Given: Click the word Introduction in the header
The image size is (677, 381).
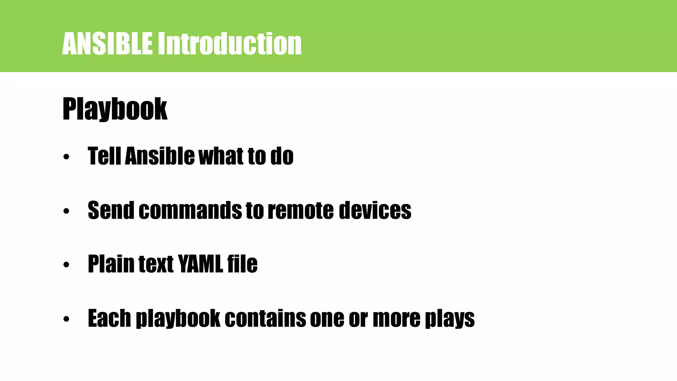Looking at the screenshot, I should coord(229,44).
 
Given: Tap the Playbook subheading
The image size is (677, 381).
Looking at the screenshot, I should coord(115,109).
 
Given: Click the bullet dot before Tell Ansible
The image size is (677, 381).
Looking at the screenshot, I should coord(66,157).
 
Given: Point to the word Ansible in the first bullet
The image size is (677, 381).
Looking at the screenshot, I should coord(160,156).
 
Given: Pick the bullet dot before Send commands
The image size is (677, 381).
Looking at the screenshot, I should coord(66,211).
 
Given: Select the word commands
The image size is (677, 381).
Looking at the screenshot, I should coord(190,210).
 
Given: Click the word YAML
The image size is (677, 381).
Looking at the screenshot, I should coord(200,264).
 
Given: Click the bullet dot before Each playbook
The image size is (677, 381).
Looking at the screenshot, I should coord(66,319).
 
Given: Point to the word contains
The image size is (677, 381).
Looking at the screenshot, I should coord(265,318).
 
